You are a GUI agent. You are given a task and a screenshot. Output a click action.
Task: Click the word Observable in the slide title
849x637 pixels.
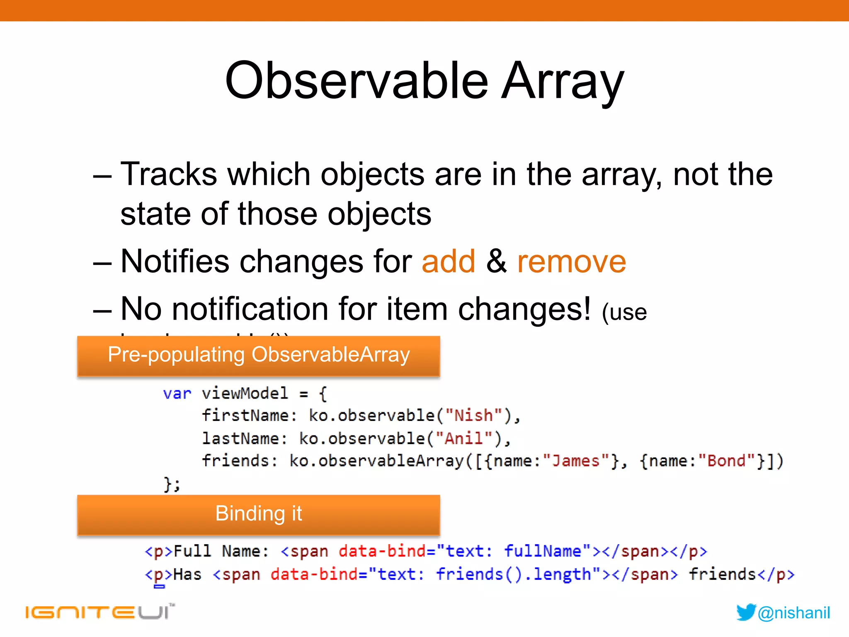tap(357, 81)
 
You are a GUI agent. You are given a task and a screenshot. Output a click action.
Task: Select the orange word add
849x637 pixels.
tap(448, 262)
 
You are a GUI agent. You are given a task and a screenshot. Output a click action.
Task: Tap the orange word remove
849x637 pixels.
tap(571, 262)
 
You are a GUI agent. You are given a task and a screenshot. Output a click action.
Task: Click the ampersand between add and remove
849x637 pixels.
tap(496, 262)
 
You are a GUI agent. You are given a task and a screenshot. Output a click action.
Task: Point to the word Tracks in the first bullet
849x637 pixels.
tap(169, 174)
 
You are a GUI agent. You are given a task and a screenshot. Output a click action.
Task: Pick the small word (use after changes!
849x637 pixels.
tap(624, 312)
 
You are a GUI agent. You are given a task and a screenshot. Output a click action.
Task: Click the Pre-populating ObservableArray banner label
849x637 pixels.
tap(259, 355)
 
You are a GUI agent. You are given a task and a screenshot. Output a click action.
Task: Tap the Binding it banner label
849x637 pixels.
tap(259, 513)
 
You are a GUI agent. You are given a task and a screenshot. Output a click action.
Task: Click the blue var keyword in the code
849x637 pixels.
tap(177, 393)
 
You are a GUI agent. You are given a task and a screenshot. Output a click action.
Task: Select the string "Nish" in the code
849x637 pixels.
tap(473, 416)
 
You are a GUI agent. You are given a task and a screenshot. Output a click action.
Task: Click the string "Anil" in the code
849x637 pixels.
tap(463, 438)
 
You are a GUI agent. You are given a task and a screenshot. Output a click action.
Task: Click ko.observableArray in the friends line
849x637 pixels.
tap(376, 461)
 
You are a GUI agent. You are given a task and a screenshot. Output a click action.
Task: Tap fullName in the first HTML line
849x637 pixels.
tap(543, 551)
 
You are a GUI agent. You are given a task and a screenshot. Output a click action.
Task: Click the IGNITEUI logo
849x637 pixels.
tap(99, 612)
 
